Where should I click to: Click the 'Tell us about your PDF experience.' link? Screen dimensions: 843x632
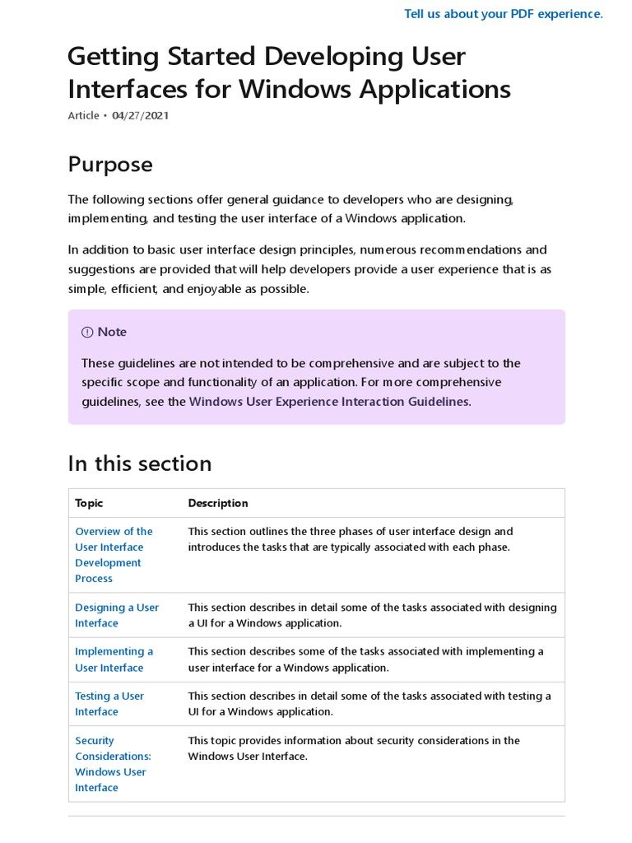click(x=503, y=14)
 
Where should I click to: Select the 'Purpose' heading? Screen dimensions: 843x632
click(x=110, y=164)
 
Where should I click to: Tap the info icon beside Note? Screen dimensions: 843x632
click(x=87, y=332)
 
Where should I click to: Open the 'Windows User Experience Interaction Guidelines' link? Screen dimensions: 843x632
click(x=329, y=402)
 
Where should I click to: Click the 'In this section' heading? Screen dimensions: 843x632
click(x=140, y=463)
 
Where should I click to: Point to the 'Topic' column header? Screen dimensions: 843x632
click(x=89, y=503)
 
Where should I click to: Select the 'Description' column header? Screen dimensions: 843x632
click(x=218, y=503)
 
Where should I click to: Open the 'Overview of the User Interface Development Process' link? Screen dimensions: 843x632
click(x=114, y=555)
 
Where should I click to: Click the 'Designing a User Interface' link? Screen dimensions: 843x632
click(x=117, y=615)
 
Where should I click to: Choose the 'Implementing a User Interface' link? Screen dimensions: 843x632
click(x=114, y=659)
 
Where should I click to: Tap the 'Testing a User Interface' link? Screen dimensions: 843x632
click(x=109, y=704)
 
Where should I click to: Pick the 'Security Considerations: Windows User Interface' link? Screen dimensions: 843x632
click(x=113, y=764)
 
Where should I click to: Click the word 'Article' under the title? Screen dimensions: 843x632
click(x=83, y=115)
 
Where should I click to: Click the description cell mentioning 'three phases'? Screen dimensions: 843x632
click(x=350, y=539)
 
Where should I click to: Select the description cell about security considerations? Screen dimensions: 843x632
click(x=354, y=748)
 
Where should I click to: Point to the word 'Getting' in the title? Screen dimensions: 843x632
click(x=112, y=57)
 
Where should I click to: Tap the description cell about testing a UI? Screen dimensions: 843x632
click(x=369, y=704)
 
